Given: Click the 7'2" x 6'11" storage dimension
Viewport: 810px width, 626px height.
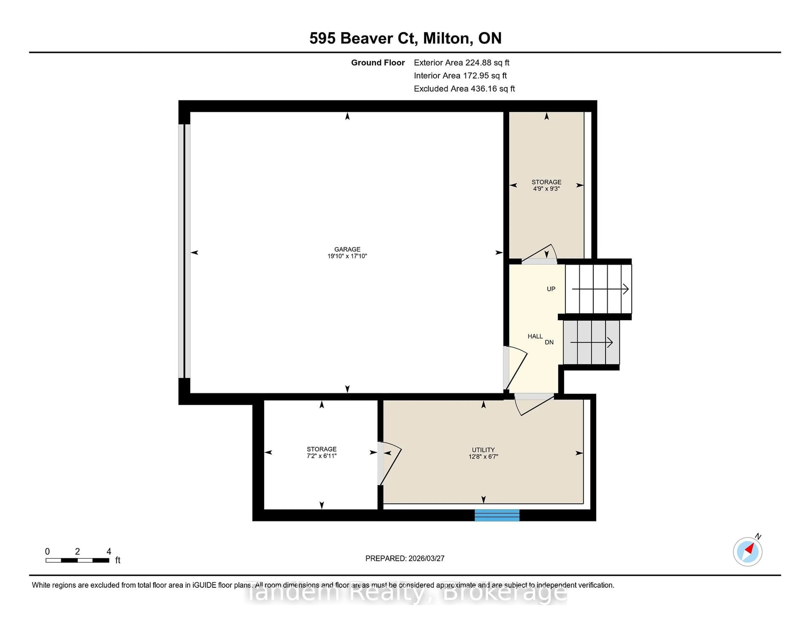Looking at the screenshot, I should click(321, 456).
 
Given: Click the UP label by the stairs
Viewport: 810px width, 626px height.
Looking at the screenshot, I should click(551, 289).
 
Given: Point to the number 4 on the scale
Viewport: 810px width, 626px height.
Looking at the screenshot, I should click(109, 552).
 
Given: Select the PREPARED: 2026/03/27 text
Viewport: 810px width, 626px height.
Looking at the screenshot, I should click(405, 559).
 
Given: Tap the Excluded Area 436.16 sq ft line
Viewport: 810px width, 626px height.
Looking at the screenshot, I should click(464, 89).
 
